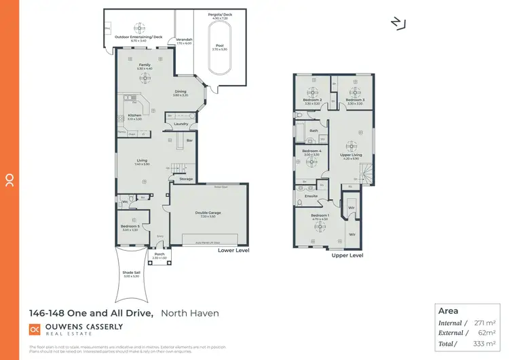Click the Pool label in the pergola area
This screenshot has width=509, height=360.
(219, 46)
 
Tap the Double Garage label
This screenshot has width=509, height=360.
(208, 213)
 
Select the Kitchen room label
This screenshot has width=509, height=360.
(134, 115)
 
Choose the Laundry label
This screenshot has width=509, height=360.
(181, 124)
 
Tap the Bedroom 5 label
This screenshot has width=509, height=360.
(130, 226)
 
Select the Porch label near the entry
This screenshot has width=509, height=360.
(159, 255)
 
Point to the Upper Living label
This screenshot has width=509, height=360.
(351, 155)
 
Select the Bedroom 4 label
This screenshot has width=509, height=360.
(311, 151)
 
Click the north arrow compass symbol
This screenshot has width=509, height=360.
(398, 23)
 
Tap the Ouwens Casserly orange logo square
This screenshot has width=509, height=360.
(34, 329)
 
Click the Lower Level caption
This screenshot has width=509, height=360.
(233, 250)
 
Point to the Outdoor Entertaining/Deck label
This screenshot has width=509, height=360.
(138, 36)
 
